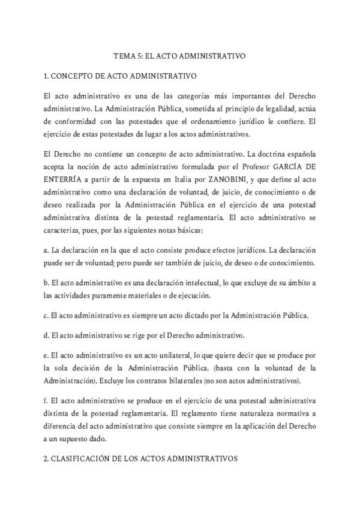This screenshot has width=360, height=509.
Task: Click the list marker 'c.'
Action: point(46,315)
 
